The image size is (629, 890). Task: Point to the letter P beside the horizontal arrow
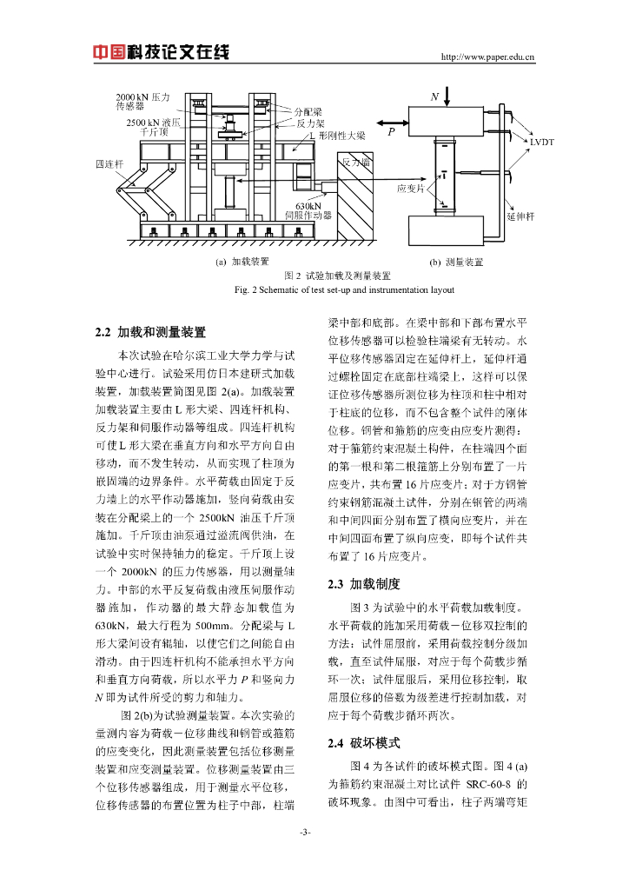coord(392,132)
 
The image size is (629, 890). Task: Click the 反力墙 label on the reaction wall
coord(356,163)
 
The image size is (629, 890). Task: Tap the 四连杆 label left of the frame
coord(109,163)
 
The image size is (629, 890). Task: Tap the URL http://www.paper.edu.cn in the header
coord(488,58)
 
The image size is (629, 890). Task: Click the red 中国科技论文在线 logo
coord(162,52)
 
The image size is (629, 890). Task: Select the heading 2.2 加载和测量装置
coord(150,331)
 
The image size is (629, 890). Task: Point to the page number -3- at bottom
coord(306,833)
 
